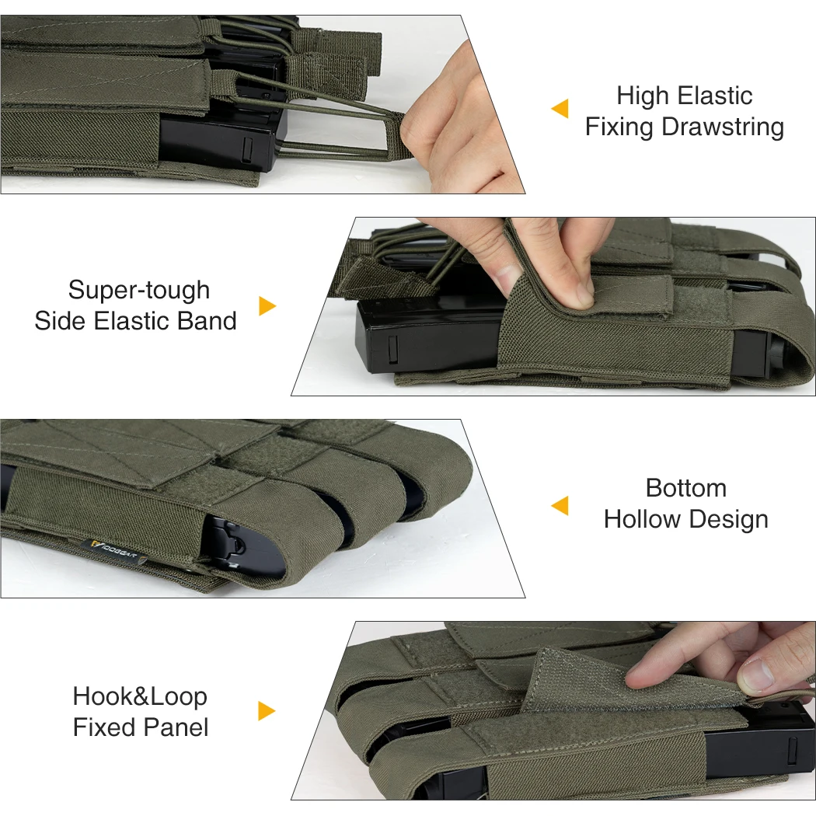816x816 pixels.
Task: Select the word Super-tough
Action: click(139, 291)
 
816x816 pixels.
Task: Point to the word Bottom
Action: click(686, 488)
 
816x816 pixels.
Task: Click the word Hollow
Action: click(642, 519)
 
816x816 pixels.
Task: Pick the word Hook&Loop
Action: click(140, 696)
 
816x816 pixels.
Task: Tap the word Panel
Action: click(176, 727)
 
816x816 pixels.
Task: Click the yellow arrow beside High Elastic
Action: click(560, 108)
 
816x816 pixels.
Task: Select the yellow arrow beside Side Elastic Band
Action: click(267, 306)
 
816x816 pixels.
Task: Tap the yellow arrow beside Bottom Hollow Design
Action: click(560, 505)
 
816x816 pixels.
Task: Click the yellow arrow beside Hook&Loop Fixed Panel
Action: click(267, 711)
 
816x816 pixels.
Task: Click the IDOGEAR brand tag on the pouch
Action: click(114, 552)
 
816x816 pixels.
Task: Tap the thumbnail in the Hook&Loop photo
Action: click(755, 674)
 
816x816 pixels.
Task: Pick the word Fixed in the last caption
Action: click(105, 727)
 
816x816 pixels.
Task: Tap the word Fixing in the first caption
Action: click(619, 127)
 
